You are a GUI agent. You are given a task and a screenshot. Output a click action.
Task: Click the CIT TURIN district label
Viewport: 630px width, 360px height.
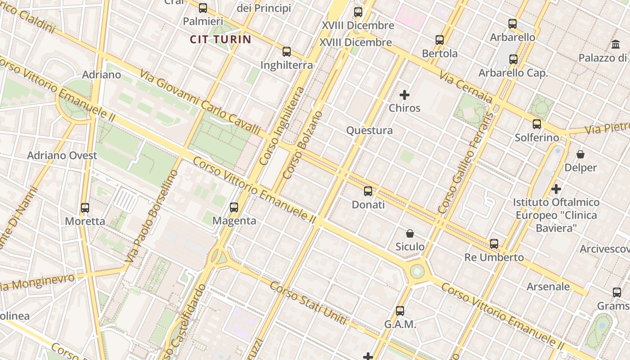point(220,39)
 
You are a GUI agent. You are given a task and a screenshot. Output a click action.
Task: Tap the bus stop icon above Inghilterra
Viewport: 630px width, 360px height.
point(287,52)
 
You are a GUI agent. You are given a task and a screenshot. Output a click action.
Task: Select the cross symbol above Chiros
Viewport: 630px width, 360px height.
point(405,95)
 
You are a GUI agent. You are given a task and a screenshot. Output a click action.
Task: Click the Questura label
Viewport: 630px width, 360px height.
point(369,130)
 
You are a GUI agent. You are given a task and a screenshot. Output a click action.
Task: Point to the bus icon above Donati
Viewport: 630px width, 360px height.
point(368,191)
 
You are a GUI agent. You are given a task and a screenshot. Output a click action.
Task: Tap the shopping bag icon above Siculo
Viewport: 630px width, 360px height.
point(410,234)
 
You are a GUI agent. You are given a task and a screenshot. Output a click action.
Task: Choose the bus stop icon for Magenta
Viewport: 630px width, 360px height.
point(234,207)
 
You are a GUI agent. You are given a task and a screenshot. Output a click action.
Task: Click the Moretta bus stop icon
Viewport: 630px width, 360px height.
point(85,208)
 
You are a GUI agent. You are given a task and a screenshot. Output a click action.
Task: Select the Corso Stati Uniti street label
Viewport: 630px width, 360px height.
point(308,303)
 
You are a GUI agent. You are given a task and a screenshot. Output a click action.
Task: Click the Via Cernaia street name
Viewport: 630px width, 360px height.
point(466,88)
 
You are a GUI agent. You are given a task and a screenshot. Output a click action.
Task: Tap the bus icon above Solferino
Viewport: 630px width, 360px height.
point(537,124)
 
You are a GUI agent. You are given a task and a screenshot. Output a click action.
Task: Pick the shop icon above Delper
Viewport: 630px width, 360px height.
point(580,154)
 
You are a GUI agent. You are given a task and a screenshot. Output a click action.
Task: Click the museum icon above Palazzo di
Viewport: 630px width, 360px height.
point(615,45)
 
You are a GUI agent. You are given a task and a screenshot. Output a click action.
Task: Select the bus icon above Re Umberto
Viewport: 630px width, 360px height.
point(494,244)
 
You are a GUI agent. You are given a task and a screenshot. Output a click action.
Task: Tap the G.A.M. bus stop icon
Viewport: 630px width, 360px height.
point(400,311)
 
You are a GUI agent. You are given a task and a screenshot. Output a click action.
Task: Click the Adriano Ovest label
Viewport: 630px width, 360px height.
point(62,155)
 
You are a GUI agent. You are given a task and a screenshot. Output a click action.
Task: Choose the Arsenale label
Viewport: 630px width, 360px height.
point(548,287)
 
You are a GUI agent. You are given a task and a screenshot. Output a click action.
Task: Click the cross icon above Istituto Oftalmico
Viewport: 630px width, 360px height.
point(556,189)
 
